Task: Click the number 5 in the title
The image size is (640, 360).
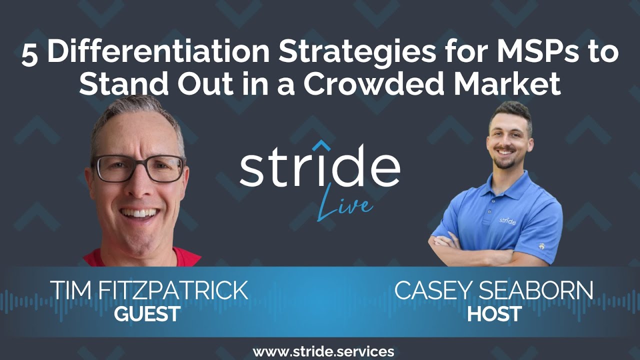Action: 29,54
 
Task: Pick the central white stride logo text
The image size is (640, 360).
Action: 319,165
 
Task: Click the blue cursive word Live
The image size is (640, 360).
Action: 344,203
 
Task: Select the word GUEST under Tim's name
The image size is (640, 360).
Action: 147,313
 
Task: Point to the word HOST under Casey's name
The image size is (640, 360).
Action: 494,313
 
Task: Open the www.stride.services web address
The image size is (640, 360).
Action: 323,351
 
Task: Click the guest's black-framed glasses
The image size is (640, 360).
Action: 139,168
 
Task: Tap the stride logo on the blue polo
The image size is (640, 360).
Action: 507,220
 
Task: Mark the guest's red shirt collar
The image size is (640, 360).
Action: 100,257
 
